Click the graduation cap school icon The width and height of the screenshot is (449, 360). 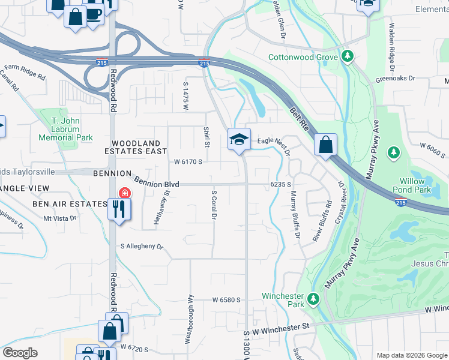(239, 140)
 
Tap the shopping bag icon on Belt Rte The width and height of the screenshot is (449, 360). (325, 145)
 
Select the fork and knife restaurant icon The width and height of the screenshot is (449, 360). (118, 209)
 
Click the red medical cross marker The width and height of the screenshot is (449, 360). (124, 193)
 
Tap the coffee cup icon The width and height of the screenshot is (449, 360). (94, 14)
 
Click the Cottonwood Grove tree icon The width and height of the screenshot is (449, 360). (347, 56)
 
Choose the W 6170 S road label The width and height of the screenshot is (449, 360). (188, 161)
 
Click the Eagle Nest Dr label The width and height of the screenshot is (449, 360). (274, 142)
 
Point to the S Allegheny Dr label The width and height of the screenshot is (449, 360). (142, 246)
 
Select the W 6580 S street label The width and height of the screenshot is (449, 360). (226, 299)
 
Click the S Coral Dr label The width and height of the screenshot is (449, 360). (213, 205)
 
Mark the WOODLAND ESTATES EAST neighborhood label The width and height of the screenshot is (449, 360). (136, 148)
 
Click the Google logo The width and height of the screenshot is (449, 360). (20, 353)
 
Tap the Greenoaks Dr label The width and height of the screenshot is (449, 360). (408, 78)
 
